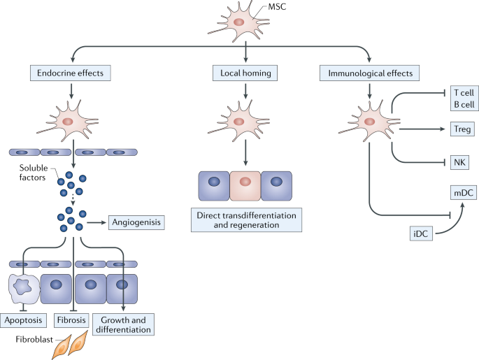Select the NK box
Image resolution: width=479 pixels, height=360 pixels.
tap(459, 162)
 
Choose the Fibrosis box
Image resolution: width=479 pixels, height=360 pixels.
tap(71, 322)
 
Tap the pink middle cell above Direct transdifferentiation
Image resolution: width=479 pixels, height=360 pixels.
tap(245, 182)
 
